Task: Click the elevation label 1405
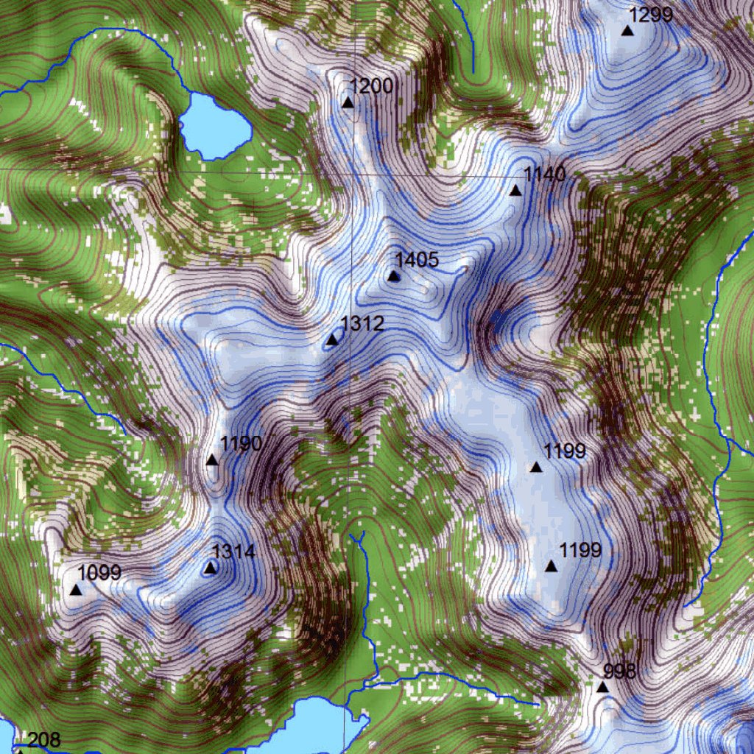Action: click(x=417, y=259)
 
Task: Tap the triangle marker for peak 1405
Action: click(x=393, y=276)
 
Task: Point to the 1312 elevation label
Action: click(x=362, y=323)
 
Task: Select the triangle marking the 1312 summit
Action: click(x=332, y=339)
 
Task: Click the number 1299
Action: click(x=652, y=14)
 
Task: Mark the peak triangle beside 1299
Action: click(x=627, y=30)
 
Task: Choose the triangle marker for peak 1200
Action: click(x=348, y=102)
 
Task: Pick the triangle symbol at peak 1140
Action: click(x=515, y=191)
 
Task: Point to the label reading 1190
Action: click(x=241, y=443)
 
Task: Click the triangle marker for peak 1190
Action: click(x=212, y=460)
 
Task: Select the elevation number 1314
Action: click(x=233, y=552)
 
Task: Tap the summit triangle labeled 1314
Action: click(x=211, y=568)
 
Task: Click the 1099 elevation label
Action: click(x=99, y=572)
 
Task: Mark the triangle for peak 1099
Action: click(x=75, y=589)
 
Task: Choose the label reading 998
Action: click(x=619, y=671)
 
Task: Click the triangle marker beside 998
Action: click(x=602, y=687)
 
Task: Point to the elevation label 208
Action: click(x=43, y=740)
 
